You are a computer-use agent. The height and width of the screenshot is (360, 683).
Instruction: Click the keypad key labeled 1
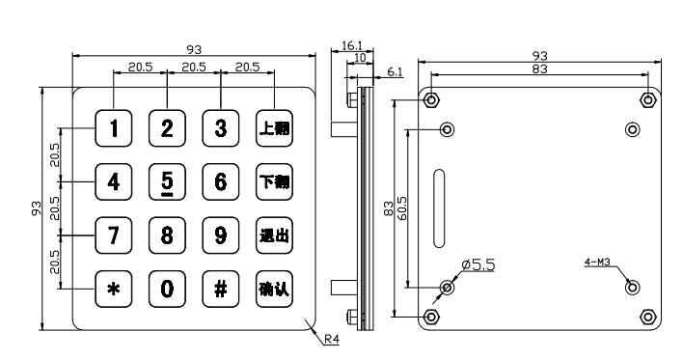point(113,128)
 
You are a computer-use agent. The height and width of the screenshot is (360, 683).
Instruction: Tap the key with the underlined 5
point(167,181)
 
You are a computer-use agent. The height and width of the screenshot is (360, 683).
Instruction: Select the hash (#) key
point(220,289)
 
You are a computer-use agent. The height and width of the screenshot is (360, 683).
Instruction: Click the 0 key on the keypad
point(167,289)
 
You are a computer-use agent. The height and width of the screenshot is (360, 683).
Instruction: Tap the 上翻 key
point(274,128)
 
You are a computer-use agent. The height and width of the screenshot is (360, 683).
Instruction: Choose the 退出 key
point(274,235)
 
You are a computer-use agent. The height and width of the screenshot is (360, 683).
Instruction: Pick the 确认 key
point(274,289)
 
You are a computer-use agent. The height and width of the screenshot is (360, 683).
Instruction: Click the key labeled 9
point(220,235)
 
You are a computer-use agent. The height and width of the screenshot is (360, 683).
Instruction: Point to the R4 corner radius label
point(332,339)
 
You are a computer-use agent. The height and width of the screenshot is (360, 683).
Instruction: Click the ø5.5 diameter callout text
point(478,264)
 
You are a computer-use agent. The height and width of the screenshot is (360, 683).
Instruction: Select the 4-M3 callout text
point(597,262)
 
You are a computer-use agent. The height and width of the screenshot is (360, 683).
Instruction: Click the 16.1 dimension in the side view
point(351,45)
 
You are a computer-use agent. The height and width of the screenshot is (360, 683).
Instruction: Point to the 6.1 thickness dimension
point(395,72)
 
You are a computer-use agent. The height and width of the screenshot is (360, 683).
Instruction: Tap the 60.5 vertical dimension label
point(401,208)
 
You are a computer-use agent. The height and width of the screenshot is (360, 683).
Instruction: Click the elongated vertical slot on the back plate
point(439,208)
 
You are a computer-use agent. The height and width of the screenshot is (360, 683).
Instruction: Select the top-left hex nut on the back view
point(431,100)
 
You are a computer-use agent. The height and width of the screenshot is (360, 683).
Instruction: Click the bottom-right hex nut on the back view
point(647,317)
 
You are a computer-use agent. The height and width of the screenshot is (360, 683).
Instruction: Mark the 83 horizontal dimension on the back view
point(539,69)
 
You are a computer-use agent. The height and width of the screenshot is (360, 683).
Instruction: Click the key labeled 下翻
point(274,181)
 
